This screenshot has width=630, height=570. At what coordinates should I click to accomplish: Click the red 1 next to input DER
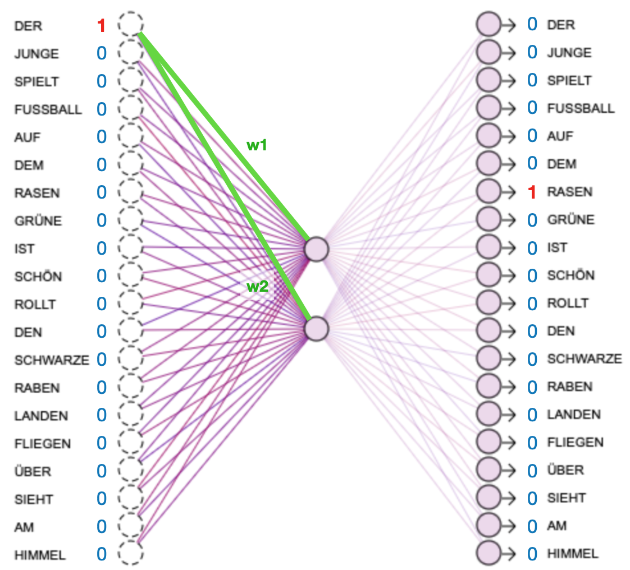(101, 26)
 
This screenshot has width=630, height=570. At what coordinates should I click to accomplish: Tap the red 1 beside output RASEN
(532, 192)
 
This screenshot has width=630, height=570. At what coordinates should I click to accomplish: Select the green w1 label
(257, 145)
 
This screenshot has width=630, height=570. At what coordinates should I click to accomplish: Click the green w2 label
(257, 287)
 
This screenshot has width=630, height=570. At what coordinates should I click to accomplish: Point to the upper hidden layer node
(316, 249)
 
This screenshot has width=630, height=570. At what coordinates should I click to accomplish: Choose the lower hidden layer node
(316, 328)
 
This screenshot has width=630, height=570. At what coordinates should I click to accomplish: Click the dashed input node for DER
(131, 25)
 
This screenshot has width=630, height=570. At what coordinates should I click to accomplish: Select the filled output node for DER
(488, 25)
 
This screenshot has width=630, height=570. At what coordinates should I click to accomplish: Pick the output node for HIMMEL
(488, 553)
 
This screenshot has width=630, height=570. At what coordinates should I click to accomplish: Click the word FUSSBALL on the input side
(48, 109)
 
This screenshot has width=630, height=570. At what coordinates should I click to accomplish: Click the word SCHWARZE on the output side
(584, 358)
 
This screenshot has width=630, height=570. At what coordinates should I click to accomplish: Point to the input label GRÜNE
(38, 220)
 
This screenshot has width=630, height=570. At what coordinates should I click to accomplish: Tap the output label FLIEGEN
(575, 442)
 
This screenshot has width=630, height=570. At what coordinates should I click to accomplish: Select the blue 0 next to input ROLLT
(101, 304)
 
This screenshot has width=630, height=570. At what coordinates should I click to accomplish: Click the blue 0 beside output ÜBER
(532, 470)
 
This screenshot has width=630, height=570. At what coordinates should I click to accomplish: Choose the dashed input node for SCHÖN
(131, 275)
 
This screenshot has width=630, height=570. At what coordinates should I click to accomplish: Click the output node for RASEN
(488, 191)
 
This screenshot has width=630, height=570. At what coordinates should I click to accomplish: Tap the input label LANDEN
(41, 416)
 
